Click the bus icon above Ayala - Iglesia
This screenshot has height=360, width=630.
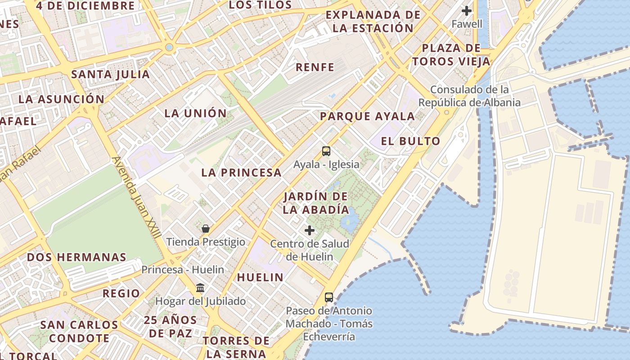coord(326,151)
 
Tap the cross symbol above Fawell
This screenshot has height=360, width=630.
coord(467,10)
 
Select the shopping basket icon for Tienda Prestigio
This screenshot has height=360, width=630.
coord(206,229)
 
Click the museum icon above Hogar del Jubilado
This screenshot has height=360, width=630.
coord(200,288)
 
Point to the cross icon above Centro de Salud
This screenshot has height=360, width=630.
coord(310,230)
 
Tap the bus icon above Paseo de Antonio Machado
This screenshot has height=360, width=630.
coord(329,297)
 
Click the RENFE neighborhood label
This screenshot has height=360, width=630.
coord(315,67)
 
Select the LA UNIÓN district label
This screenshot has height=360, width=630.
coord(195,113)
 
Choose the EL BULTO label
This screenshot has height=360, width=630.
coord(410,141)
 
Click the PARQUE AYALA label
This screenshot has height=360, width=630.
coord(367,116)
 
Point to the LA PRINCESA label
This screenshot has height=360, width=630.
coord(241,172)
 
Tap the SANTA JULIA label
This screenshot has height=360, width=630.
coord(110,74)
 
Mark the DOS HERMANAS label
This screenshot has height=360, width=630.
coord(76,257)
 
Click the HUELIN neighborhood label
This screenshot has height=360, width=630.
coord(260,277)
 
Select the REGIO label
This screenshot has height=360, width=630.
coord(121,293)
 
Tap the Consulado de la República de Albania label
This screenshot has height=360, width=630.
coord(469,96)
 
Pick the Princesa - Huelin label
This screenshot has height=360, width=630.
coord(183,270)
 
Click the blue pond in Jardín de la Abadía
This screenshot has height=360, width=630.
coord(349,220)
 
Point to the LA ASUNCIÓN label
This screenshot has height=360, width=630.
coord(61,99)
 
